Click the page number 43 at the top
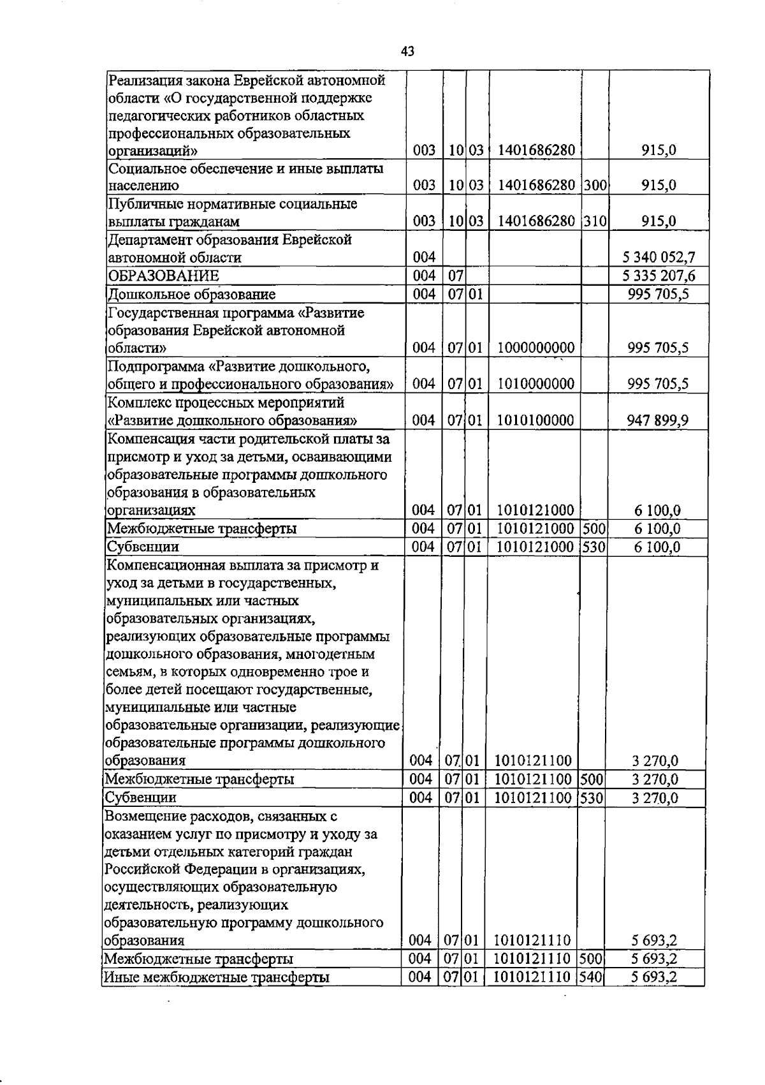(x=408, y=52)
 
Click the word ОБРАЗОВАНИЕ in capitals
(x=164, y=276)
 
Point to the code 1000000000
(x=536, y=348)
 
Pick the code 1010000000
(x=536, y=384)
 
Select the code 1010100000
(x=536, y=420)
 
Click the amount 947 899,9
(x=659, y=420)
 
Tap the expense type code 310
(x=594, y=221)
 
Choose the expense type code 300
(x=594, y=186)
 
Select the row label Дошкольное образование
(x=191, y=295)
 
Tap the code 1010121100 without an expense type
(x=533, y=760)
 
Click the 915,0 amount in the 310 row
(x=659, y=221)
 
